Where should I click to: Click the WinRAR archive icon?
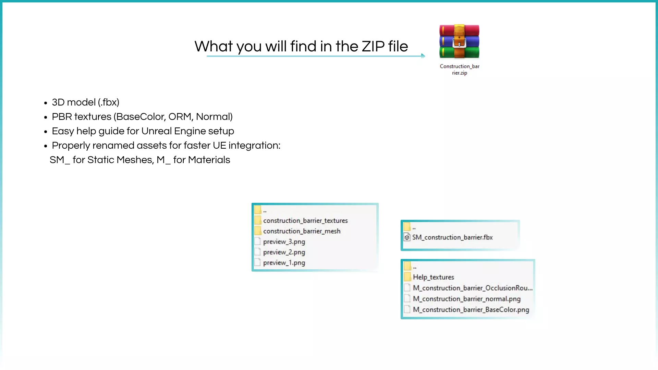point(459,41)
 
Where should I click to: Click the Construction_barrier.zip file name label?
point(460,70)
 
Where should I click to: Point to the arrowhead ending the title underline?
point(423,56)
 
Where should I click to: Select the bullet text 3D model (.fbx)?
point(85,102)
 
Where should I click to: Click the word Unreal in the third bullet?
point(156,131)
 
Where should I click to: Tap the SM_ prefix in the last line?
point(60,160)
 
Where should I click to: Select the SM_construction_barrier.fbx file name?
point(452,237)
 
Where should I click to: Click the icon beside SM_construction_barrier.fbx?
point(407,237)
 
